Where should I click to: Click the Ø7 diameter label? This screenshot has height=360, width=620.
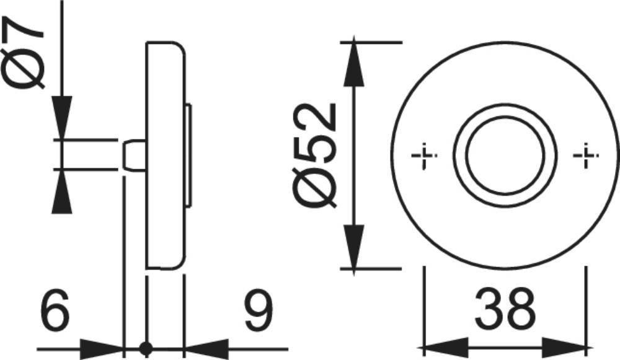pyautogui.click(x=22, y=52)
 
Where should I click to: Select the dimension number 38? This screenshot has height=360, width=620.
pyautogui.click(x=505, y=309)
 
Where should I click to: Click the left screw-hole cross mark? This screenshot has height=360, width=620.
pyautogui.click(x=424, y=156)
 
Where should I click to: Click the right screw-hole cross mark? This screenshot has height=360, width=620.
pyautogui.click(x=586, y=156)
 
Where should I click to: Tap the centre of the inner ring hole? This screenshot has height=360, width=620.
pyautogui.click(x=505, y=156)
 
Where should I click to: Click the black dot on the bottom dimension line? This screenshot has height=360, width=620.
pyautogui.click(x=146, y=349)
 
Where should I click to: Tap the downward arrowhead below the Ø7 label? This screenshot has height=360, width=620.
pyautogui.click(x=62, y=118)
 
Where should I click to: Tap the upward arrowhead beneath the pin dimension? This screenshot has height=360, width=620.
pyautogui.click(x=62, y=191)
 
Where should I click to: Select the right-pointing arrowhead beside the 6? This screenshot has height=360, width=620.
pyautogui.click(x=102, y=349)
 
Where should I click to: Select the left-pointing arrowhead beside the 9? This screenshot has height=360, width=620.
pyautogui.click(x=207, y=349)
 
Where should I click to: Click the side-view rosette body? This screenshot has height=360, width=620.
pyautogui.click(x=166, y=156)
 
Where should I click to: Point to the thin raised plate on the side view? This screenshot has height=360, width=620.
pyautogui.click(x=189, y=156)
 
